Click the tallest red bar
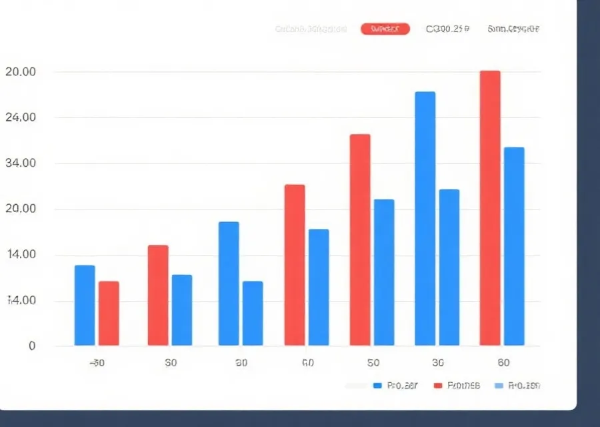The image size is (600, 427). pyautogui.click(x=490, y=208)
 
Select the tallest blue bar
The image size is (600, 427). pyautogui.click(x=425, y=219)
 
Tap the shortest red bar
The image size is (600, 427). pyautogui.click(x=109, y=314)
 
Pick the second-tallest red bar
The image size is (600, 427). pyautogui.click(x=360, y=240)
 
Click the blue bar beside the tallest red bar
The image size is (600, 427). pyautogui.click(x=514, y=246)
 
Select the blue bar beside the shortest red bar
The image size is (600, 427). pyautogui.click(x=85, y=306)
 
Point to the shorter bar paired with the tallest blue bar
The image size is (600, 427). pyautogui.click(x=449, y=268)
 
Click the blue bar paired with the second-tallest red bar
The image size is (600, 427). pyautogui.click(x=383, y=272)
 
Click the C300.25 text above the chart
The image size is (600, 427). pyautogui.click(x=447, y=29)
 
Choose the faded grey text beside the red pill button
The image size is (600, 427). pyautogui.click(x=311, y=29)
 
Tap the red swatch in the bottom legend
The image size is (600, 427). pyautogui.click(x=438, y=386)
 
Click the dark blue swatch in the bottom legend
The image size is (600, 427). pyautogui.click(x=377, y=386)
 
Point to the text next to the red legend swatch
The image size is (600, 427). pyautogui.click(x=463, y=386)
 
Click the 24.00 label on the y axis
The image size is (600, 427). pyautogui.click(x=20, y=117)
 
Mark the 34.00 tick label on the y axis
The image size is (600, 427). pyautogui.click(x=20, y=163)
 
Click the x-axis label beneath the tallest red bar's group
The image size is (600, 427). pyautogui.click(x=503, y=363)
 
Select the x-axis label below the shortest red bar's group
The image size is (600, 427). pyautogui.click(x=97, y=363)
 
